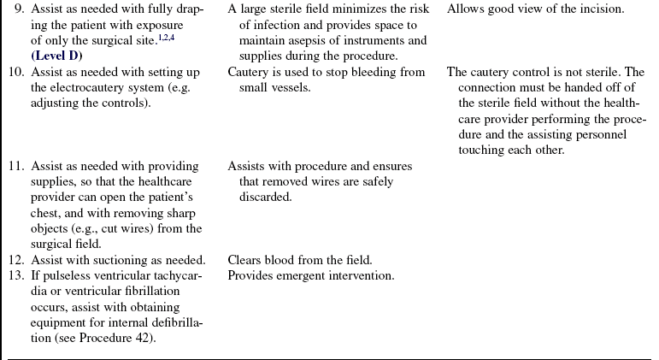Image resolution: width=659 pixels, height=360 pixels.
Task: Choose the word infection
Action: pos(279,26)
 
